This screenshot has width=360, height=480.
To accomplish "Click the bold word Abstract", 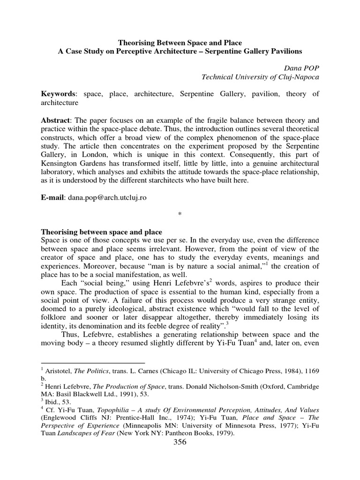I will click(55, 120).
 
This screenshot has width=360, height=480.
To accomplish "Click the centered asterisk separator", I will click(180, 215).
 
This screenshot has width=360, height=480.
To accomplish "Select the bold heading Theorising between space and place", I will click(102, 232).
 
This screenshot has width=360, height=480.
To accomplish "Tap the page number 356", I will click(180, 443).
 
